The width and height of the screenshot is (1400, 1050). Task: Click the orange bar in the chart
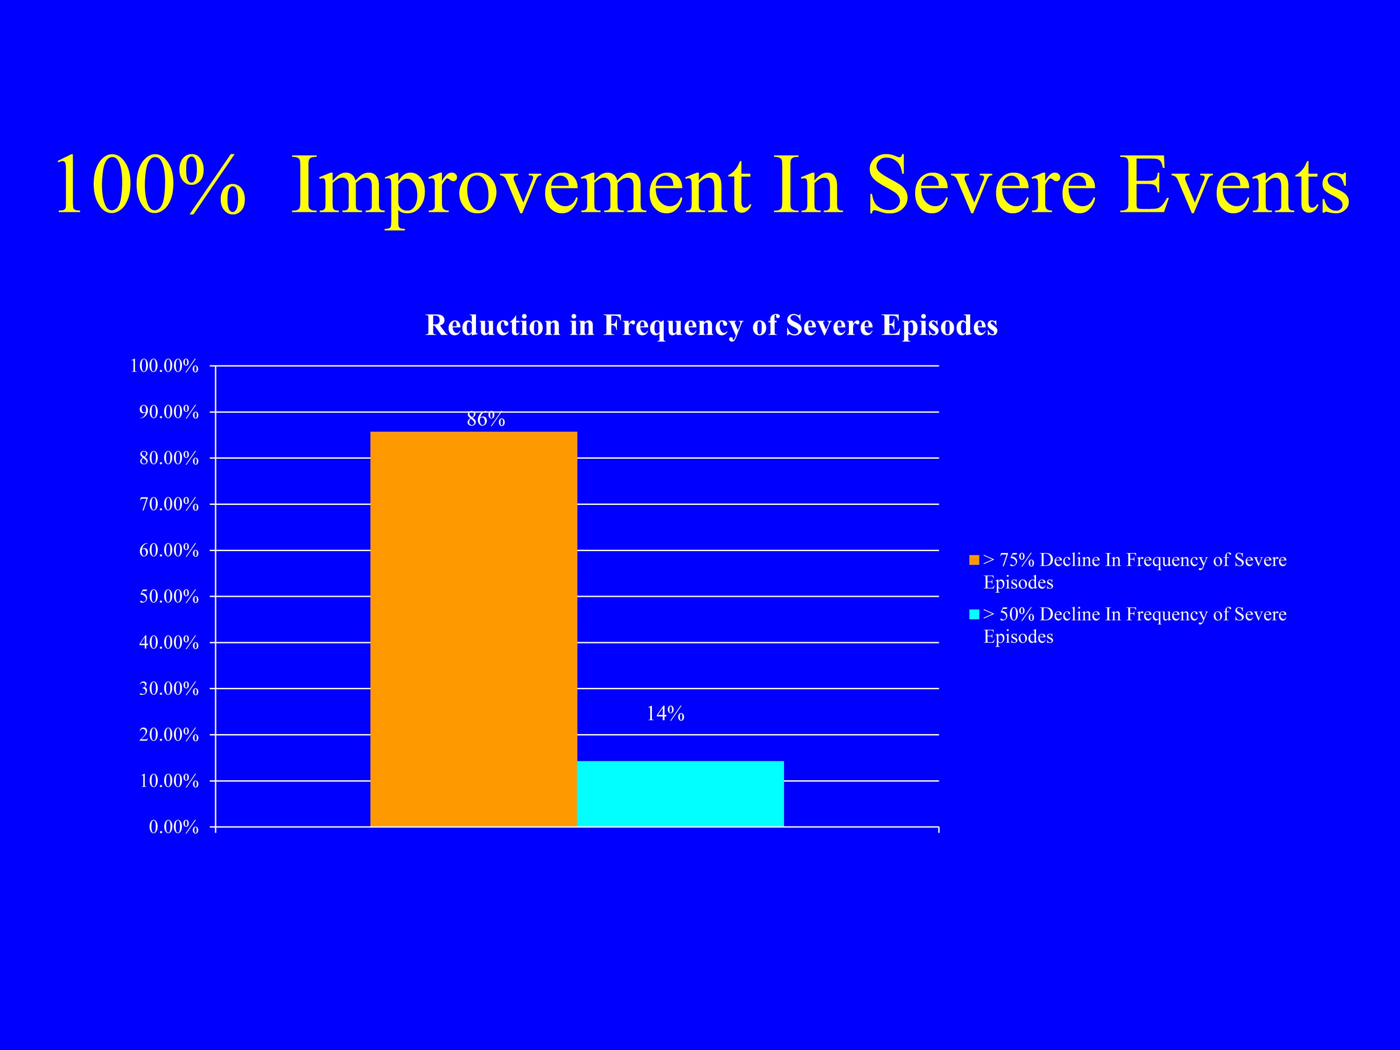[x=473, y=629]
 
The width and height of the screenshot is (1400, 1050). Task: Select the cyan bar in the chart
[x=680, y=794]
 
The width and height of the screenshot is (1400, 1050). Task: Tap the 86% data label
[x=486, y=420]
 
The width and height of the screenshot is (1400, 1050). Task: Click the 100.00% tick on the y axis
[x=164, y=366]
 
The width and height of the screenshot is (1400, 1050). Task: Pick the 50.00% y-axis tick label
[x=169, y=597]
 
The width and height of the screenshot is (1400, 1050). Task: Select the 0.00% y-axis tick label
[x=174, y=827]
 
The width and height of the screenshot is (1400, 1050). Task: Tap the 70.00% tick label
[x=169, y=504]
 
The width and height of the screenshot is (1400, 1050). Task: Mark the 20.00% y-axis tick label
[x=169, y=735]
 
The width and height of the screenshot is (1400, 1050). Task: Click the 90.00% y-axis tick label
[x=169, y=412]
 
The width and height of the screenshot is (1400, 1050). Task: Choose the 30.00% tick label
[x=169, y=689]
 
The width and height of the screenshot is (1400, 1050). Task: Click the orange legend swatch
[x=974, y=560]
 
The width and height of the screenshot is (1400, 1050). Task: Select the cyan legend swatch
[x=974, y=615]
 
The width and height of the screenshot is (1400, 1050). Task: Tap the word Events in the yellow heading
[x=1233, y=185]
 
